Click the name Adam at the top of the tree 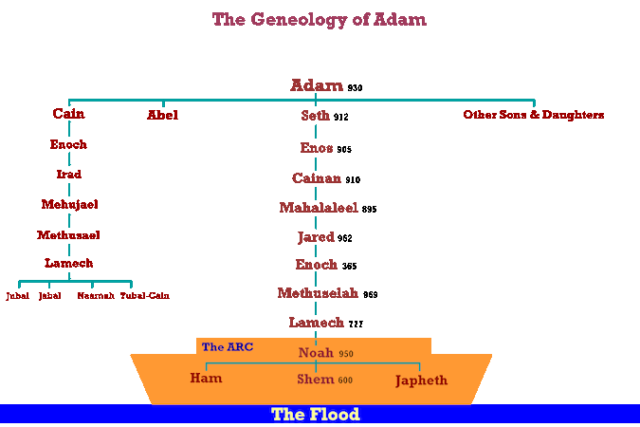(x=317, y=85)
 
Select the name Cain (x=68, y=115)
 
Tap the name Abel (x=162, y=115)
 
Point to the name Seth (x=316, y=116)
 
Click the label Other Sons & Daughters (x=534, y=115)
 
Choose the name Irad (x=68, y=175)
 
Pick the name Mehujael (x=69, y=204)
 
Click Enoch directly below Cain (x=68, y=145)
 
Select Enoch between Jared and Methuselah (x=316, y=265)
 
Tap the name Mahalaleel (x=318, y=207)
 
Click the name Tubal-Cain (x=145, y=296)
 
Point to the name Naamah (x=96, y=296)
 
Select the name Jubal (x=18, y=296)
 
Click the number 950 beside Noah (x=346, y=354)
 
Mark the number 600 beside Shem (x=345, y=381)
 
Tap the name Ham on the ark (x=206, y=379)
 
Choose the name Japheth (x=421, y=381)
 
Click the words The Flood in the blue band (x=316, y=415)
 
